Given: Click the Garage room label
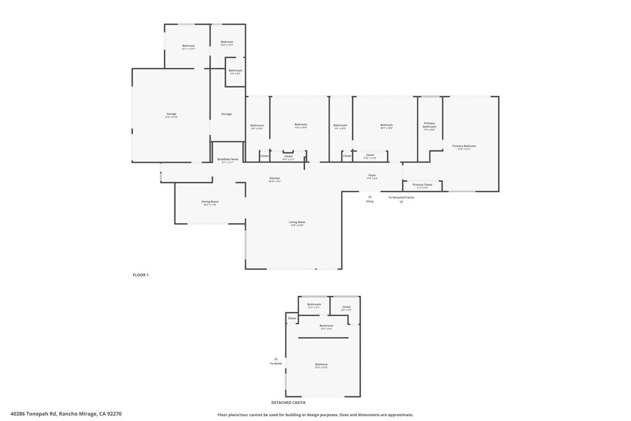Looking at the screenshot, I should click(x=171, y=114).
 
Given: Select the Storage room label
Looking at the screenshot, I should click(x=226, y=114).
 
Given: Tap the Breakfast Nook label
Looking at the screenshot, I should click(x=227, y=160).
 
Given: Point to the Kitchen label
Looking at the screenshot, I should click(x=274, y=179).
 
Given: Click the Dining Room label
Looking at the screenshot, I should click(x=210, y=202).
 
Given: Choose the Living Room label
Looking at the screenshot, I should click(x=297, y=223).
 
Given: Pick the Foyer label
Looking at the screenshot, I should click(x=372, y=176).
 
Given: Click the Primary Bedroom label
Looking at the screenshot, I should click(x=464, y=147).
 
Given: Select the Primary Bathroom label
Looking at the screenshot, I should click(x=429, y=126).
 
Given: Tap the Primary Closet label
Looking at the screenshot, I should click(x=422, y=185).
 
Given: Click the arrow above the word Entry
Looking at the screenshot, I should click(x=370, y=197).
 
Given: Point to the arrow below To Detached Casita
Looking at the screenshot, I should click(x=401, y=202).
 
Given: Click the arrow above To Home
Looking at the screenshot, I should click(x=276, y=358).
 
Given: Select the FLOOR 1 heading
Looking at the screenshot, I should click(x=140, y=275).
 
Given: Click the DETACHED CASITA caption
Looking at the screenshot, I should click(x=288, y=402).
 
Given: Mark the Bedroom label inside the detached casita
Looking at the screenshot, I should click(x=322, y=365).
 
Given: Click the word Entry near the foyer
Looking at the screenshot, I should click(x=370, y=202).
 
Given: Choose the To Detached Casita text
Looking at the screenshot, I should click(x=401, y=197).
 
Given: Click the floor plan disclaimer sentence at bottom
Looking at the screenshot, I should click(x=315, y=415).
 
